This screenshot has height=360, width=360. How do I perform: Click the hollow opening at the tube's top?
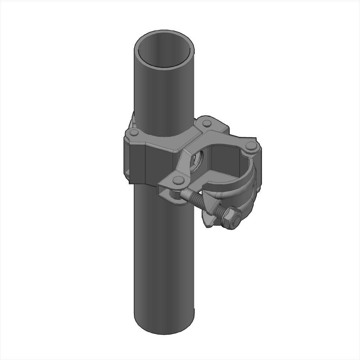[165, 53]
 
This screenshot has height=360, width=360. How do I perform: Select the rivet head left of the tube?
[134, 133]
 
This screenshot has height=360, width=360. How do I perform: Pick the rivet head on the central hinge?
[207, 123]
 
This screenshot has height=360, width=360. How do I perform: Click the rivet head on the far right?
[250, 146]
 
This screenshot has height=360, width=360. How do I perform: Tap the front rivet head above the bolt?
[178, 180]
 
